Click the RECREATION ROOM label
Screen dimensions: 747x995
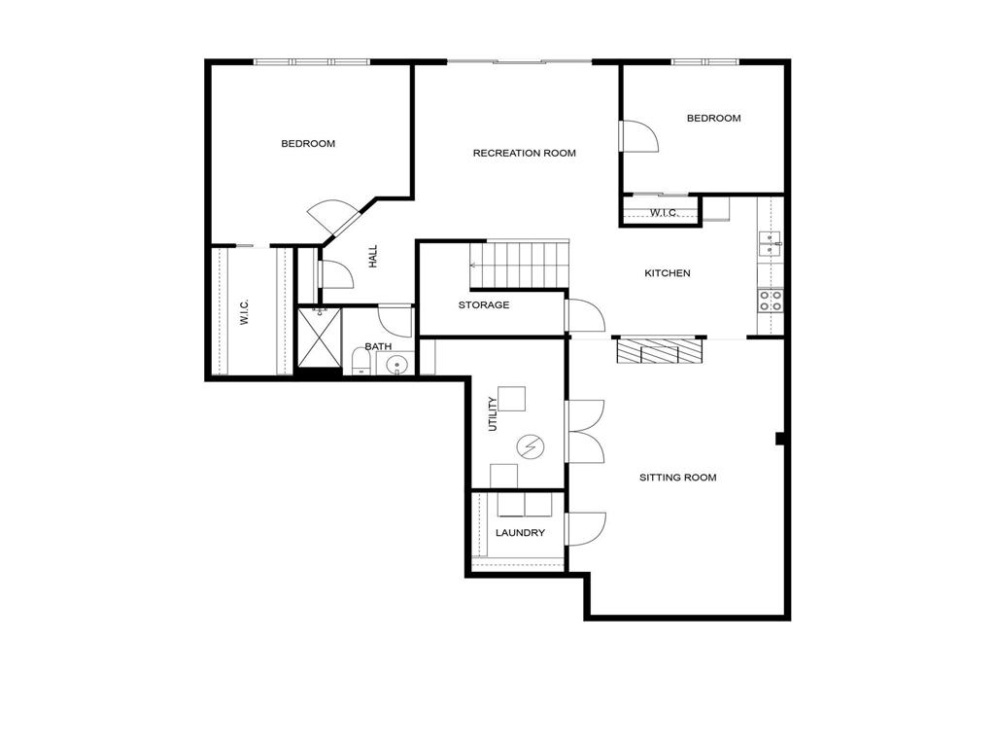(524, 153)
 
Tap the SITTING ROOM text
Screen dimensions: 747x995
(677, 478)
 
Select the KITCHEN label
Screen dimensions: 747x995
(668, 273)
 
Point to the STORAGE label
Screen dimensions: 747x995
(484, 305)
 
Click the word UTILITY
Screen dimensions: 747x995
(493, 413)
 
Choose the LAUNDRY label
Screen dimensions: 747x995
(520, 533)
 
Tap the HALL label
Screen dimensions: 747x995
(372, 256)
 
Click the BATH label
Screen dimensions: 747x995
(378, 346)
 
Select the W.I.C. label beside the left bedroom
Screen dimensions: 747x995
(244, 312)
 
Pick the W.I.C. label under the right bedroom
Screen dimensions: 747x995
(663, 212)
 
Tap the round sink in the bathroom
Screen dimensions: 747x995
(396, 366)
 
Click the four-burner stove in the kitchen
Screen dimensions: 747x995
(771, 301)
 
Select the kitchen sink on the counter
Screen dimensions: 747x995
(769, 243)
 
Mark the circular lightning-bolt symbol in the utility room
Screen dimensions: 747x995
(531, 446)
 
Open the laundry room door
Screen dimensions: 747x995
(585, 528)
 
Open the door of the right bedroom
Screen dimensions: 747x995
(638, 137)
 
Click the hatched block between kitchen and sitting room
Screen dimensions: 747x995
(660, 351)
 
